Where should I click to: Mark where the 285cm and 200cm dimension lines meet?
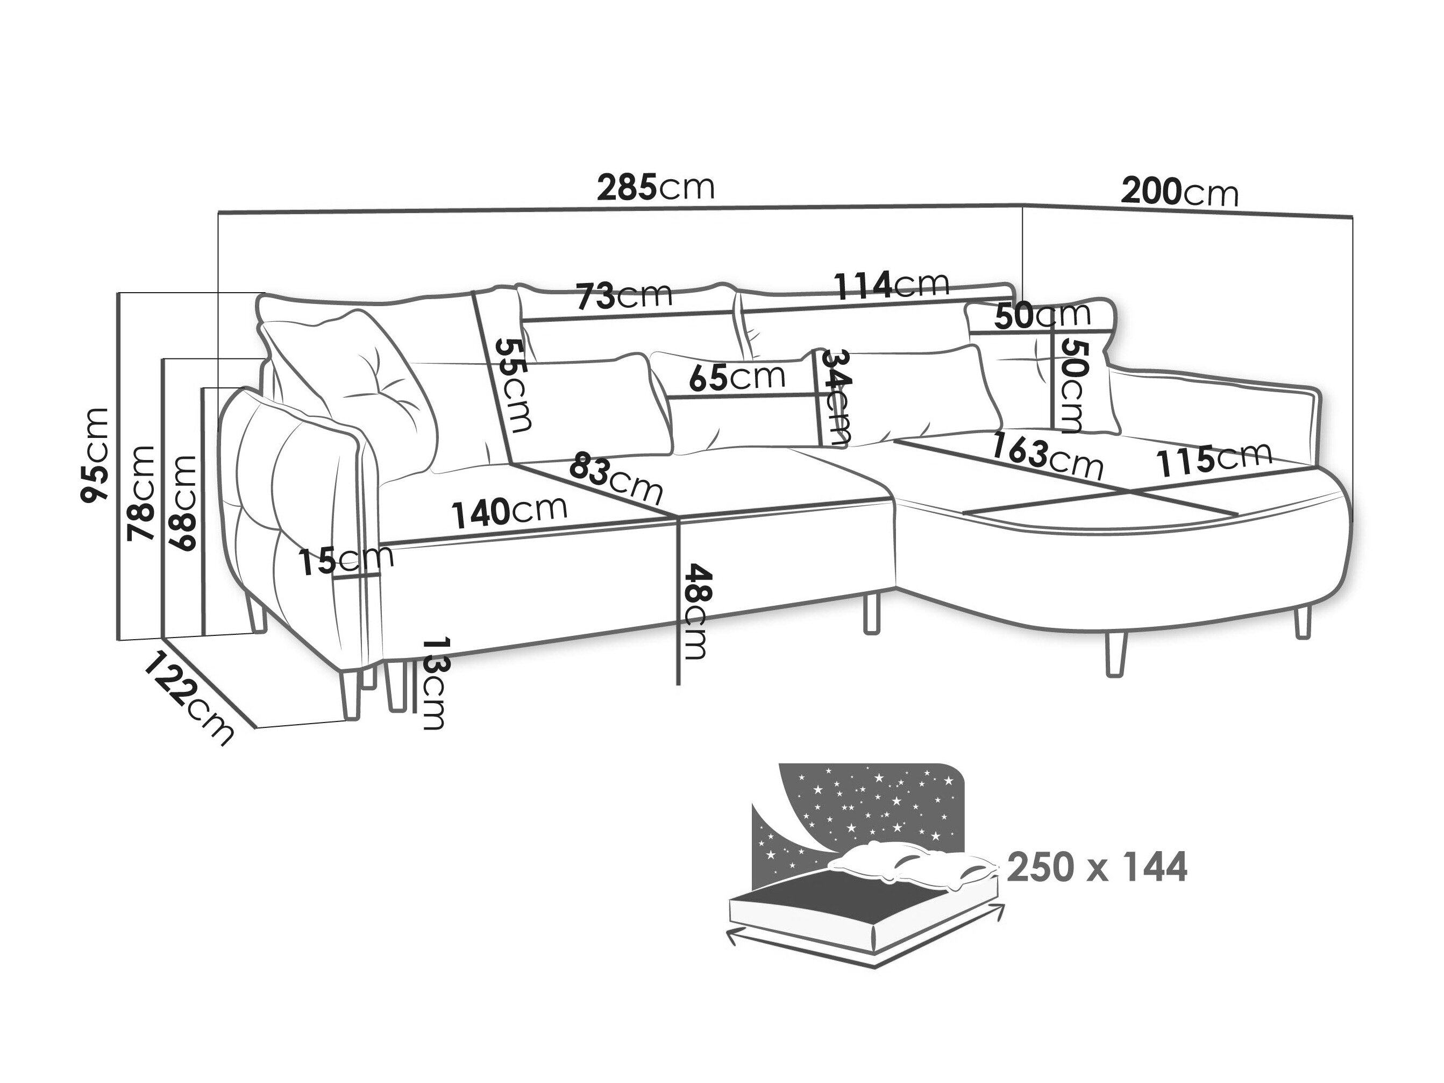pos(1022,204)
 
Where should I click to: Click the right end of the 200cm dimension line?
pos(1352,217)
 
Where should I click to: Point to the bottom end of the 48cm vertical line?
pos(679,684)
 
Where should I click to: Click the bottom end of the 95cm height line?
pos(117,640)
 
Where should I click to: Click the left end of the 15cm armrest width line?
pos(332,578)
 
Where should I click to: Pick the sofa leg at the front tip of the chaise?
pos(1116,653)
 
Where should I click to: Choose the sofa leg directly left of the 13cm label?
pos(394,686)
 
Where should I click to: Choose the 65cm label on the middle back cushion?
pos(737,377)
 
